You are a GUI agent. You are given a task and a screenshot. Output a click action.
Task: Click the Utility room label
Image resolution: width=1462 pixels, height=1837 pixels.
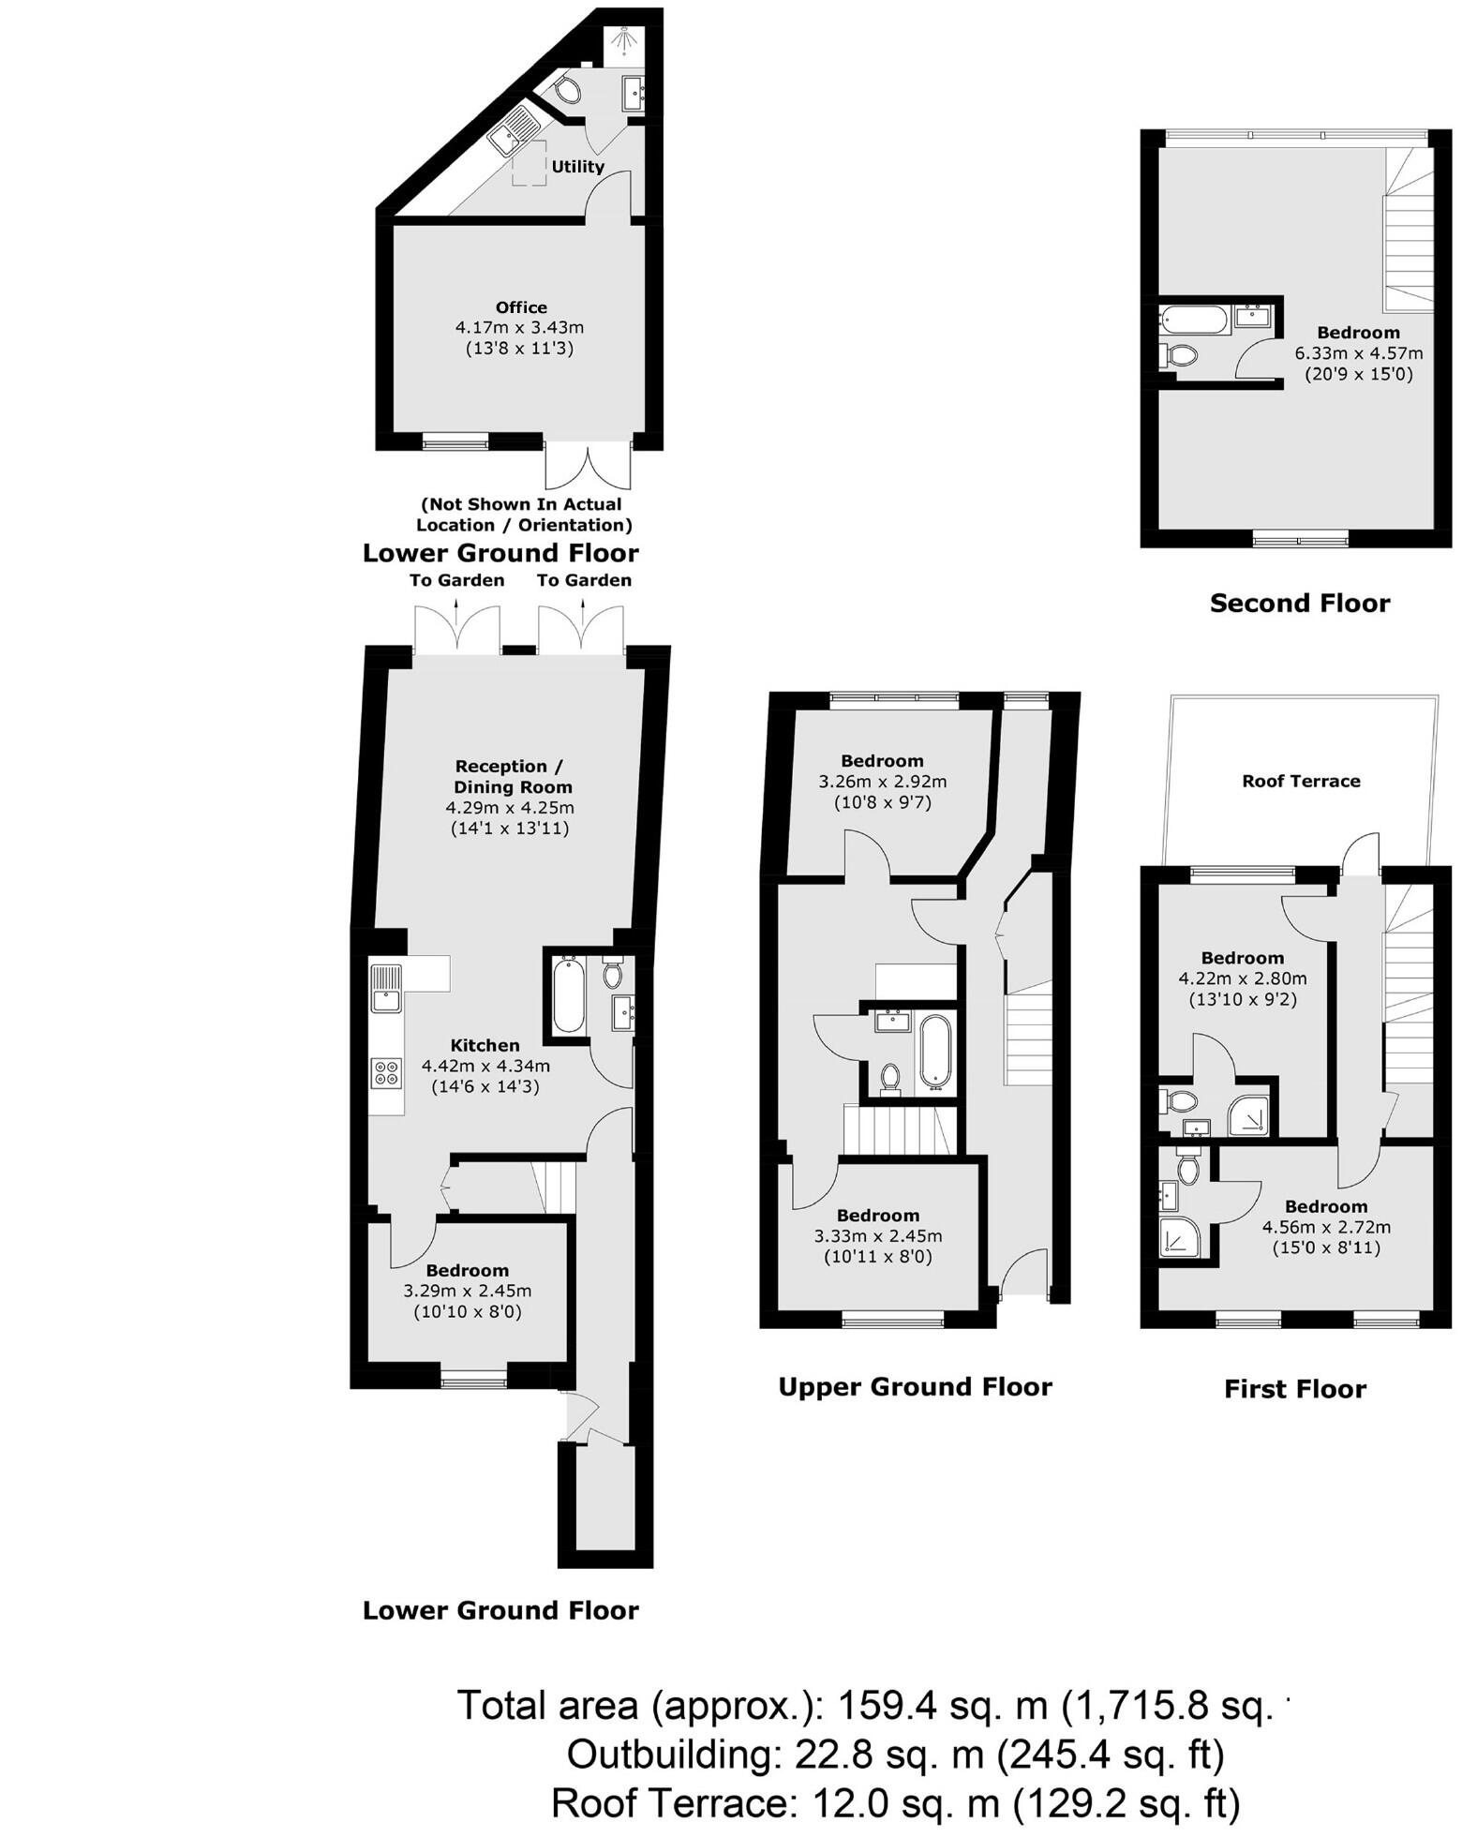577,167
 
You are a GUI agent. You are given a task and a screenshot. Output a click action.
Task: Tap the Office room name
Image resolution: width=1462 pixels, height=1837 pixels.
521,307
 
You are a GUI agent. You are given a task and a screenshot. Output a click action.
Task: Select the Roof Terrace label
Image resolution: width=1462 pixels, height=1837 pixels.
1300,781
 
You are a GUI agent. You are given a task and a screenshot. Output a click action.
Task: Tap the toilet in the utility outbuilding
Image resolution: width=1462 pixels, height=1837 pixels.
566,90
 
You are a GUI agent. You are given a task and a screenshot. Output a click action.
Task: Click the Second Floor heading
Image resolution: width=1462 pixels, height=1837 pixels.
1299,603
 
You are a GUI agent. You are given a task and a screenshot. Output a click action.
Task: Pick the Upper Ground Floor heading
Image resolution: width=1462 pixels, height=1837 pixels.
915,1386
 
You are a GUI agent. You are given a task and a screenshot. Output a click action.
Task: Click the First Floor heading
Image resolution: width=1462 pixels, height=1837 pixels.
1294,1388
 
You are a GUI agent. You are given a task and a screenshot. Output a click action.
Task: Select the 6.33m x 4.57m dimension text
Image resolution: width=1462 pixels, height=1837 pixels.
1358,353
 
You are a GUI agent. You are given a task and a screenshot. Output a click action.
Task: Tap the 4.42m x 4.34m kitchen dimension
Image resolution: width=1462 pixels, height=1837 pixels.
485,1066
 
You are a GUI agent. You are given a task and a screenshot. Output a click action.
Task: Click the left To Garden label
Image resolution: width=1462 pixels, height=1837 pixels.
456,580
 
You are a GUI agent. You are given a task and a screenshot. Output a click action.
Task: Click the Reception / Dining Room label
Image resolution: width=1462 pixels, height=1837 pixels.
510,776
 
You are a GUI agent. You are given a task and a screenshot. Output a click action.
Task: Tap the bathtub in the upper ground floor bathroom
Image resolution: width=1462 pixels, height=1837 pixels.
934,1050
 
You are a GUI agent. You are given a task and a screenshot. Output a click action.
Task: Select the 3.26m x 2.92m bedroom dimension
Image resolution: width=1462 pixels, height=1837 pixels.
882,782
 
